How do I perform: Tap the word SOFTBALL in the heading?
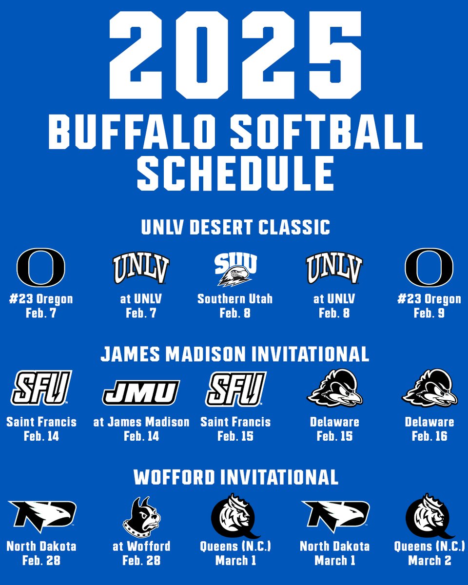327,132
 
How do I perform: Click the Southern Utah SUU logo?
235,268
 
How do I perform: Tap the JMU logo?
141,393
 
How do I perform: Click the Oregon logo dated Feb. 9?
429,268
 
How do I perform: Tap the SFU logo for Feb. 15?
235,389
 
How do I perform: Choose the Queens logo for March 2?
429,516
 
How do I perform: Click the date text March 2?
429,561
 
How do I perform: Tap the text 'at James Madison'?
141,422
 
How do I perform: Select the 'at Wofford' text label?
141,546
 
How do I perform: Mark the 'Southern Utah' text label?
235,298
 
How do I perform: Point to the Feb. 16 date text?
429,436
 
